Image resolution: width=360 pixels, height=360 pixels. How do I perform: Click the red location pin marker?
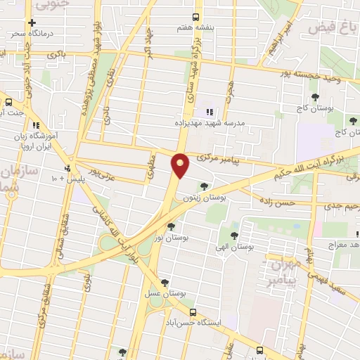pos(180,165)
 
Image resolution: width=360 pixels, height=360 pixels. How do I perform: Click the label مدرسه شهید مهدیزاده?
pos(210,122)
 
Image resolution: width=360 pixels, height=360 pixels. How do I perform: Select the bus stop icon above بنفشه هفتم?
pos(195,17)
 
